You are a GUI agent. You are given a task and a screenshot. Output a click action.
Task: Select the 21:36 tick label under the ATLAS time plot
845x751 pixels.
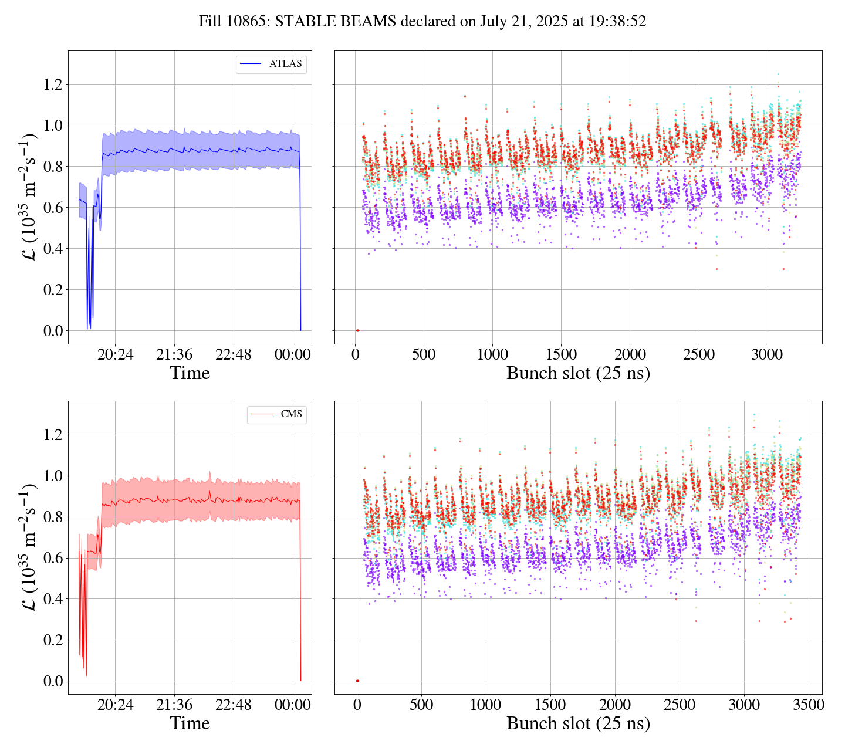click(174, 354)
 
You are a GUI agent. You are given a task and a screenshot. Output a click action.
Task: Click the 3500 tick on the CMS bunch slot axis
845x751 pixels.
click(808, 705)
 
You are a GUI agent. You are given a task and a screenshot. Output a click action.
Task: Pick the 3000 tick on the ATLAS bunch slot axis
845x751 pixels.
click(768, 354)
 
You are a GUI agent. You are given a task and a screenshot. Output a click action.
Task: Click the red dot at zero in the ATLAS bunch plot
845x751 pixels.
click(357, 330)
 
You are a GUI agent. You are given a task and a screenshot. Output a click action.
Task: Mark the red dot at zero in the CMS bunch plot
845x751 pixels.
click(357, 681)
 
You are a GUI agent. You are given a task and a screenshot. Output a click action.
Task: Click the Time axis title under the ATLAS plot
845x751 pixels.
click(190, 373)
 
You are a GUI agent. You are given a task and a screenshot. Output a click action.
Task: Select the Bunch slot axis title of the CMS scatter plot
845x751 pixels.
click(578, 723)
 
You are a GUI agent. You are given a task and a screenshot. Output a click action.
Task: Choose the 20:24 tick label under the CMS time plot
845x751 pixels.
click(115, 705)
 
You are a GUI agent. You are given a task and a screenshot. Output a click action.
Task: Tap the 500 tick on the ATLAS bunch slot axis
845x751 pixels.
click(424, 354)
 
